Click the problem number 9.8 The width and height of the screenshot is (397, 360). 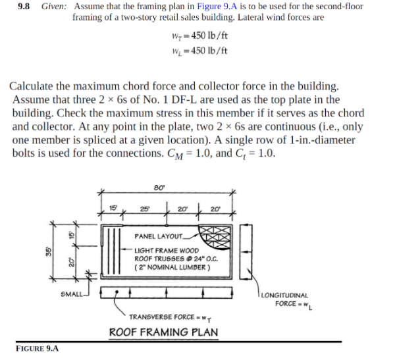[24, 7]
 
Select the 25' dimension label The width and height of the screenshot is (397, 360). [143, 210]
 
